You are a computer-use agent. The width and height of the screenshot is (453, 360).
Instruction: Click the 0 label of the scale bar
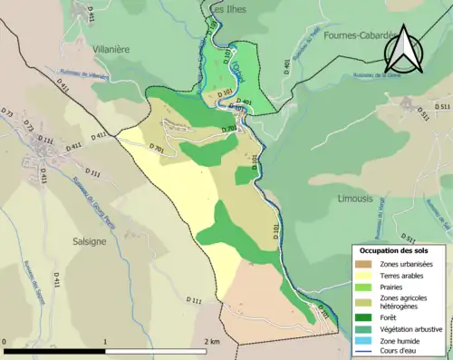point(5,342)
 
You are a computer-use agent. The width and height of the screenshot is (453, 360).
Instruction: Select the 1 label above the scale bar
point(105,342)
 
